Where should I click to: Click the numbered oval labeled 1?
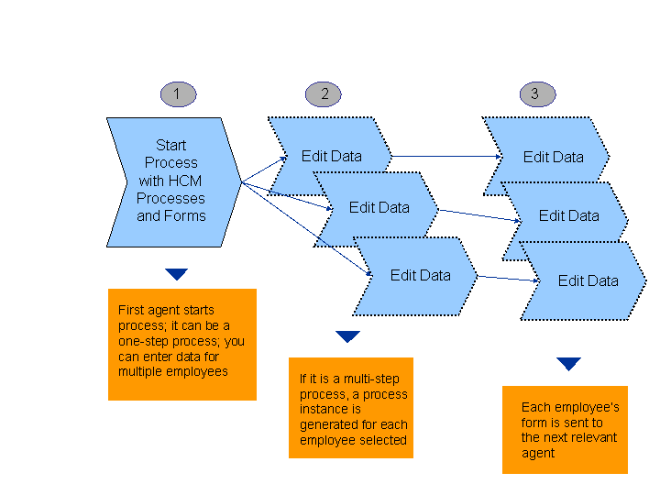click(x=177, y=93)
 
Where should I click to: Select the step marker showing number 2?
click(x=324, y=93)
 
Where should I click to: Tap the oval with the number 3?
click(x=536, y=93)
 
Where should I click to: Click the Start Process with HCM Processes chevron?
click(x=170, y=181)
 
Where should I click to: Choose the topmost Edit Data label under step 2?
click(x=332, y=157)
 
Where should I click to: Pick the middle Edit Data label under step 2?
click(x=379, y=208)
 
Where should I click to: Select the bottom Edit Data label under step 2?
click(x=420, y=275)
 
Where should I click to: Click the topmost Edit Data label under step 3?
click(x=553, y=158)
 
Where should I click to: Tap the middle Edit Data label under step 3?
click(x=568, y=216)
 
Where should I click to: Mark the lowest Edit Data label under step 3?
click(x=588, y=281)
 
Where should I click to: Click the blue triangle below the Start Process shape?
click(x=177, y=274)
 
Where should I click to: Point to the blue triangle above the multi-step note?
click(x=347, y=336)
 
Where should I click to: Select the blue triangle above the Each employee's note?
click(x=569, y=364)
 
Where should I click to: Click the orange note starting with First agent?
click(x=181, y=345)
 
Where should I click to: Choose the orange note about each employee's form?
click(x=565, y=430)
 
